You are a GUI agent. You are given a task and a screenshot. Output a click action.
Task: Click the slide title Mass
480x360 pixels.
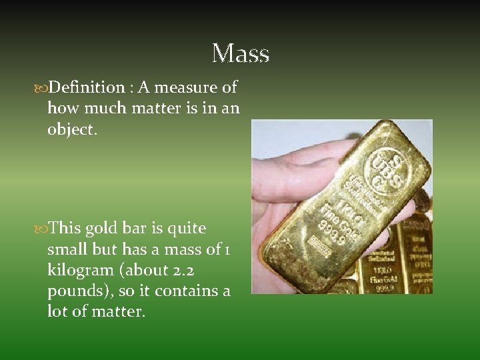(240, 53)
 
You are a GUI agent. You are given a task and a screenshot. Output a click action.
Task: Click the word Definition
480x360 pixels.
(87, 87)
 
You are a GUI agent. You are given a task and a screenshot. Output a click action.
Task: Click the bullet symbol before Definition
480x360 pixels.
(42, 88)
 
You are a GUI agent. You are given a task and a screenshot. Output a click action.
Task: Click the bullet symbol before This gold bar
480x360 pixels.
(42, 229)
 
